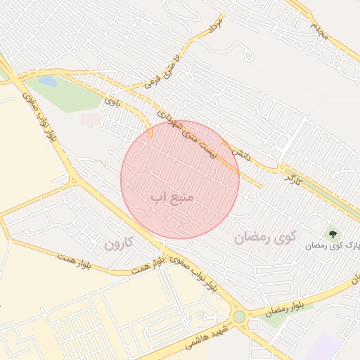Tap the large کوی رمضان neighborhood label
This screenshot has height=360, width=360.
[266, 237]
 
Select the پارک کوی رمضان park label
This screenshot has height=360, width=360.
[332, 245]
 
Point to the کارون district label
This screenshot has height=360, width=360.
[119, 244]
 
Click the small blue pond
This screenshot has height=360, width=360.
[48, 82]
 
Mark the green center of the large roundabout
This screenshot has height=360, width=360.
[240, 317]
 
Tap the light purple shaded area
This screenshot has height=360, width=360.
[325, 348]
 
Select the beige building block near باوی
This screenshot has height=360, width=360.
[90, 120]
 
